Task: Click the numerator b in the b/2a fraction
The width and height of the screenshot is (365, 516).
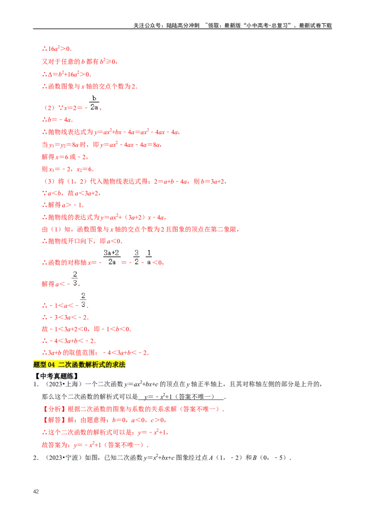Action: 94,98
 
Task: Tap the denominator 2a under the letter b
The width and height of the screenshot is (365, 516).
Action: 94,107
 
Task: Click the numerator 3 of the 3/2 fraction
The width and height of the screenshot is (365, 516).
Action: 136,253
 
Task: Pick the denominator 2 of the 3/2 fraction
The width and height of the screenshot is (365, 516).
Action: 136,262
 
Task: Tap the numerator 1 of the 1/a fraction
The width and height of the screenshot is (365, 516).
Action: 149,253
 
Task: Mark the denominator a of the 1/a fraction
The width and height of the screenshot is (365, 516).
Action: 149,262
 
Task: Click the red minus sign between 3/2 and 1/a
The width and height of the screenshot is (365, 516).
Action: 143,263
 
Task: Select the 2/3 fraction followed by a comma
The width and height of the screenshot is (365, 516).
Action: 74,279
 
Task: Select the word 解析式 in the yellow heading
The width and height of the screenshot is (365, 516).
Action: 95,364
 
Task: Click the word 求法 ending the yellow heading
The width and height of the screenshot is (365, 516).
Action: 120,364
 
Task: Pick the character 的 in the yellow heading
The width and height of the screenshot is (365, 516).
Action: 109,364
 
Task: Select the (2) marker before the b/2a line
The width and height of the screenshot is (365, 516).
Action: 49,108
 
